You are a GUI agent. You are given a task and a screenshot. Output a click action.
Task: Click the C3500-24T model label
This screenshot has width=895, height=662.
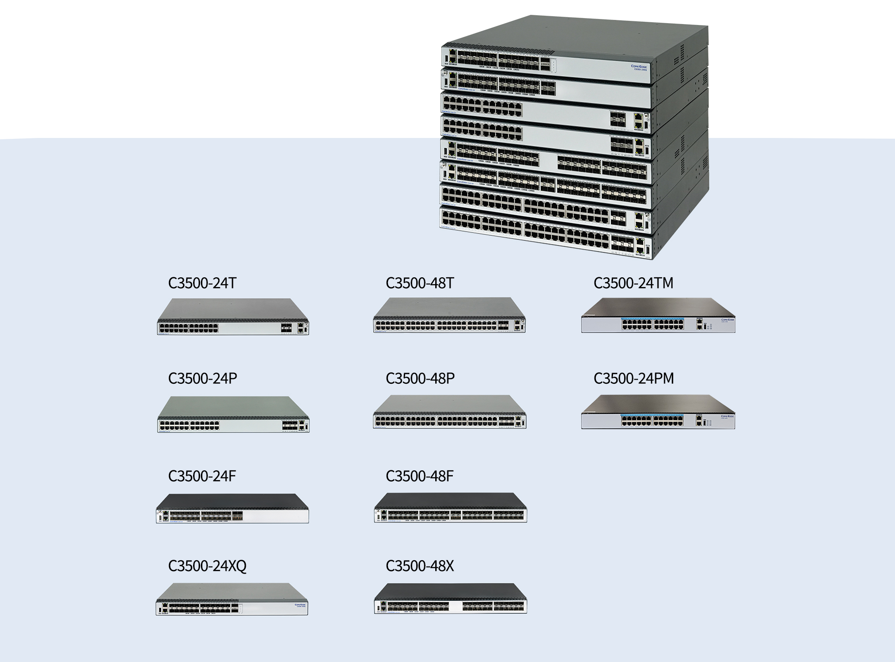pos(202,283)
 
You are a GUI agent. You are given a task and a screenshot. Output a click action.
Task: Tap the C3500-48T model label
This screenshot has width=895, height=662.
pos(420,283)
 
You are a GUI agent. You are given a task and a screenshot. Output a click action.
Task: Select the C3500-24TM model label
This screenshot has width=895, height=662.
pos(633,283)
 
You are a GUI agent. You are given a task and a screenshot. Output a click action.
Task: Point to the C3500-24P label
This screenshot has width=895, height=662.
pos(202,378)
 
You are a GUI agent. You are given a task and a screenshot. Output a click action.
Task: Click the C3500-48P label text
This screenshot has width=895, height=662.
pos(420,378)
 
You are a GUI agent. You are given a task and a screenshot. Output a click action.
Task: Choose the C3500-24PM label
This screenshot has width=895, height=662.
pos(633,378)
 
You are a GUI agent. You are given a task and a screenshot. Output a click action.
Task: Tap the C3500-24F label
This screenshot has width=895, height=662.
pos(202,476)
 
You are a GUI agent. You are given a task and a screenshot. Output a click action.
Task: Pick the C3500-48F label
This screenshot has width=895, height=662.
pos(419,476)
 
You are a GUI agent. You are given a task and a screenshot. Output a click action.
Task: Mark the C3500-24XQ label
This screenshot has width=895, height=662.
pos(207,566)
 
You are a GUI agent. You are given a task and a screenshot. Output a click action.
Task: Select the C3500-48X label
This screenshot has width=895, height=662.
pos(419,566)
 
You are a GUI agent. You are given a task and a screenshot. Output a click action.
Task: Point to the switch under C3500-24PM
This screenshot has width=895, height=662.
pos(658,412)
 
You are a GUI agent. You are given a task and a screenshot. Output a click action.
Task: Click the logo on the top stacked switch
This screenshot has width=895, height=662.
pos(639,67)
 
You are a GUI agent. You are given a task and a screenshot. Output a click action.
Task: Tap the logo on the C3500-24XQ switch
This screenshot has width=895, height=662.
pos(300,605)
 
